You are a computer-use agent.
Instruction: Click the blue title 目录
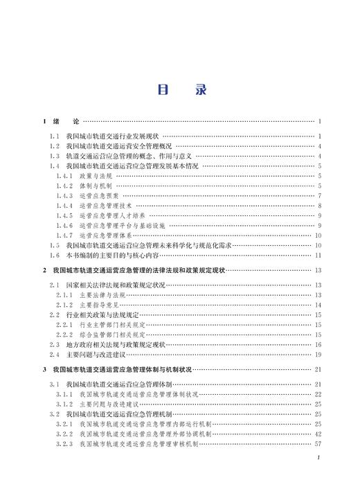[179, 89]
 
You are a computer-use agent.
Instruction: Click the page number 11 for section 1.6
[318, 255]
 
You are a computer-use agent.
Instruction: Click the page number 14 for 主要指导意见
[318, 305]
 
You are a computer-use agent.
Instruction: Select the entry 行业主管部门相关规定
[109, 324]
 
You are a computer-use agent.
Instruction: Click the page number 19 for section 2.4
[318, 354]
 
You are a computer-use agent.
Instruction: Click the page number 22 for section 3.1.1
[318, 393]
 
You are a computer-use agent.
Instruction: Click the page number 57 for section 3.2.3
[318, 443]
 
